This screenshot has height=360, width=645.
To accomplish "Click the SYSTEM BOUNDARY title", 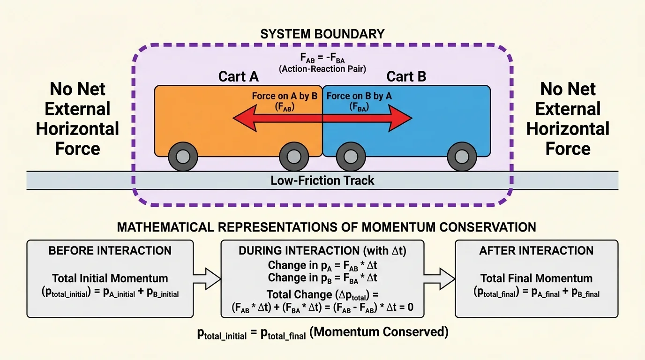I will tap(322, 34).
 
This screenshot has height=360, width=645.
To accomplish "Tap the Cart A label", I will tap(238, 76).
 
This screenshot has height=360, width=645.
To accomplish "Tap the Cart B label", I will tap(406, 76).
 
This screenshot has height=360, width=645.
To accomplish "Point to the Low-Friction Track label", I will tap(322, 180).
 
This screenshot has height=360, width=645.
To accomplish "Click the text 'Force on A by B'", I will tap(285, 96).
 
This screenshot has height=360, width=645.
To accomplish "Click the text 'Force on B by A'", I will tap(359, 96).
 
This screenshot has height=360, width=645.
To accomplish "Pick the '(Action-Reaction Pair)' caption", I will tap(322, 68).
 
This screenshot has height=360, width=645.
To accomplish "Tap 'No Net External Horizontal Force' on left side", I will tap(77, 119).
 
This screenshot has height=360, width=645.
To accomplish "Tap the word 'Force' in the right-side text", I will tap(568, 149).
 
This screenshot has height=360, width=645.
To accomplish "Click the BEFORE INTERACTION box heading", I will tap(110, 251).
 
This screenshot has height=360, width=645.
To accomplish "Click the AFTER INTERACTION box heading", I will tap(536, 251).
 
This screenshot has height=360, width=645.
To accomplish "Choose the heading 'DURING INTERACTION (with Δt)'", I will tap(322, 251).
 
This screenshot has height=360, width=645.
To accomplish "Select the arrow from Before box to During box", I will tap(207, 279).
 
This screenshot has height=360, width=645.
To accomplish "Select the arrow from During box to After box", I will tap(439, 279).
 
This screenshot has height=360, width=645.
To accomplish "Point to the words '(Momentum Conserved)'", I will tap(379, 332).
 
